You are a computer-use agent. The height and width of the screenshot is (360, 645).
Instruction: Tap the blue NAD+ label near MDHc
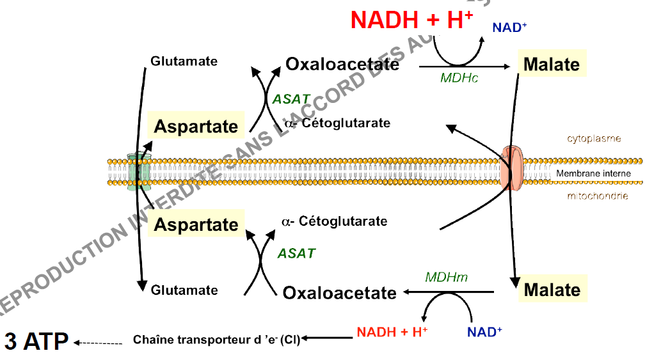(509, 27)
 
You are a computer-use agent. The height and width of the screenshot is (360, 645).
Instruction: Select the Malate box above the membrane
(551, 65)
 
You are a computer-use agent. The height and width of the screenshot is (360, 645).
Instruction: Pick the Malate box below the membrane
(552, 290)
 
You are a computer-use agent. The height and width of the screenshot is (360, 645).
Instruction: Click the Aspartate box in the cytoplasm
(196, 126)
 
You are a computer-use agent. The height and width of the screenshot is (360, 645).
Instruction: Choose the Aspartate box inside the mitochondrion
(196, 224)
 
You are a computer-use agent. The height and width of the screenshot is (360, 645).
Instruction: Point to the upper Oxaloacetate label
(342, 64)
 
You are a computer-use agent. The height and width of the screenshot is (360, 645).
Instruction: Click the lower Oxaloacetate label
(340, 293)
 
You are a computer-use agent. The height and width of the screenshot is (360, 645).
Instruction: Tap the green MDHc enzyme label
(459, 78)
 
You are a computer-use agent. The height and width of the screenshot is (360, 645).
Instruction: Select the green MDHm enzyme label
(447, 277)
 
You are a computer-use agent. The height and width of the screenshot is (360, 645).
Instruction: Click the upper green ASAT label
(291, 100)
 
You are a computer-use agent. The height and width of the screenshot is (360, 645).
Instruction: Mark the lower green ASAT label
(296, 253)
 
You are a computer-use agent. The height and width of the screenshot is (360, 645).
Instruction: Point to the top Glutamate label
(184, 61)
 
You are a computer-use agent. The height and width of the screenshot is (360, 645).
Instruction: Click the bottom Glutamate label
(184, 290)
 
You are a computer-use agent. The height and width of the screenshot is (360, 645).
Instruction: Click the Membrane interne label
(593, 173)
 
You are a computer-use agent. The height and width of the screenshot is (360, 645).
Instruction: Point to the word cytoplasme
(594, 138)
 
